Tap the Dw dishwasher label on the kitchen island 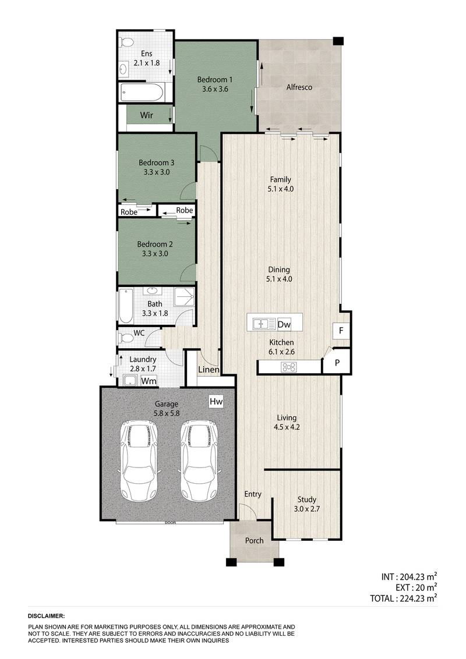click(284, 324)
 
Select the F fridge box click(341, 331)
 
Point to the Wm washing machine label click(150, 381)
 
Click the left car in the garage click(138, 460)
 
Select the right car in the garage click(198, 460)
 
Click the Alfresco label click(299, 88)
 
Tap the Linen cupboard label click(209, 370)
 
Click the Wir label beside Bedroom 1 click(146, 115)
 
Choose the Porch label click(254, 540)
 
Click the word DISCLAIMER click(46, 615)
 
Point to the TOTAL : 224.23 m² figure click(404, 597)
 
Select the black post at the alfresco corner click(337, 41)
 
